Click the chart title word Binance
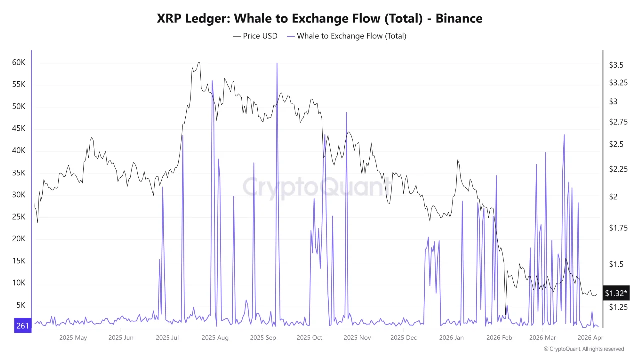(459, 18)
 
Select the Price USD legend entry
(255, 36)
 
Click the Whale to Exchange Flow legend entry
(346, 36)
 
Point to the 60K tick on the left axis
(19, 62)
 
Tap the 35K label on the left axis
(19, 173)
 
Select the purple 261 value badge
(22, 326)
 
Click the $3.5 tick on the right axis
(616, 65)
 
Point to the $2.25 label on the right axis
(618, 169)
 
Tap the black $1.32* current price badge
(616, 293)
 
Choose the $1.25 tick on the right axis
(618, 307)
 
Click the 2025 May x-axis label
(73, 338)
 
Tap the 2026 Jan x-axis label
(452, 338)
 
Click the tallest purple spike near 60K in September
(277, 63)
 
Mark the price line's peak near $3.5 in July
(199, 63)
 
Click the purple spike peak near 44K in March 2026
(564, 135)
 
